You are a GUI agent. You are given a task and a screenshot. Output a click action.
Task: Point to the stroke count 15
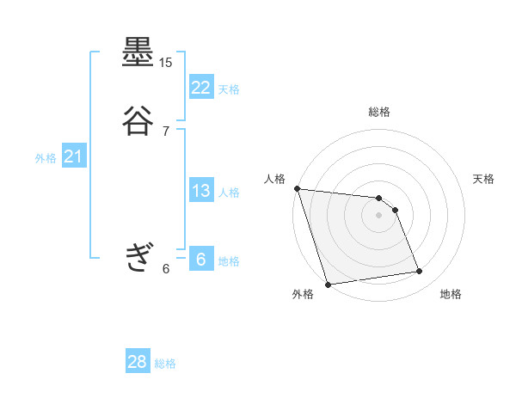166,63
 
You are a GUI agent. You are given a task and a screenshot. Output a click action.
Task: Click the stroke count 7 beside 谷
166,131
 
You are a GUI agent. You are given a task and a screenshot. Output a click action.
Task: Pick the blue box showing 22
201,87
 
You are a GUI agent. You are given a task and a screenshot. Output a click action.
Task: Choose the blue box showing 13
201,191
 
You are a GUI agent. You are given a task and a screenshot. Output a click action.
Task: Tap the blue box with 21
73,156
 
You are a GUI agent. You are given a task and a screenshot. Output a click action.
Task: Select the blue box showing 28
138,362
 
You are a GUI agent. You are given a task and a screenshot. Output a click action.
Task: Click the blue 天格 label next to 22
229,89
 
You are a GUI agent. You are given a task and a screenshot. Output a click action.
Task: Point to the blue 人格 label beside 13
229,193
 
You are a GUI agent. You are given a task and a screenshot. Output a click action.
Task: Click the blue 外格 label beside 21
46,158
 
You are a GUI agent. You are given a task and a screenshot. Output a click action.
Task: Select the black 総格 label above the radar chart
379,112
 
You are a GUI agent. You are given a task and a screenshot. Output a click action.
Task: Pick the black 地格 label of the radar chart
451,295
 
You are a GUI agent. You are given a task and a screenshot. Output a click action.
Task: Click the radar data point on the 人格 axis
297,188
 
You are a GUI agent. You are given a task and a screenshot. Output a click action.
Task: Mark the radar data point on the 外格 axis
328,284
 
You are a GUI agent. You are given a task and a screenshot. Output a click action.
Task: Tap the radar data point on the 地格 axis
420,272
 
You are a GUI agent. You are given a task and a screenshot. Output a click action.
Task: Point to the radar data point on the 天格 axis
396,210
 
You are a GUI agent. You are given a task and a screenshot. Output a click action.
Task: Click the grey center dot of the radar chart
379,215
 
